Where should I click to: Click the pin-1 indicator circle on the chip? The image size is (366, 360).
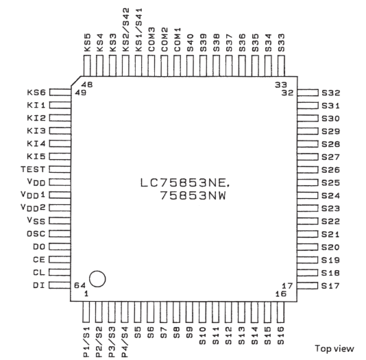[97, 279]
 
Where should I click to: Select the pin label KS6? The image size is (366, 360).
[36, 93]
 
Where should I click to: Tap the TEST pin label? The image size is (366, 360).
[33, 169]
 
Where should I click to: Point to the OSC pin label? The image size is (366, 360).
[36, 234]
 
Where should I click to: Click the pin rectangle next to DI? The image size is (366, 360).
[60, 285]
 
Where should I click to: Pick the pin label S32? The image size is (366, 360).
[331, 93]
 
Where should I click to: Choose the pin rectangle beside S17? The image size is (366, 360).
[308, 286]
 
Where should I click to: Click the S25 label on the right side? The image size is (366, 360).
[331, 182]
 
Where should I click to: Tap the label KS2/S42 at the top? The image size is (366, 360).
[126, 29]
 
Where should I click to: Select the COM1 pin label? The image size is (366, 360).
[178, 40]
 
